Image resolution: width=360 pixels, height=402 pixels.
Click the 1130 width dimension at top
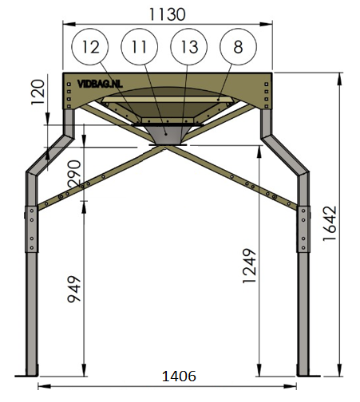coord(167,14)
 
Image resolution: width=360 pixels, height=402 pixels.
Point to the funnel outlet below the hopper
coord(167,136)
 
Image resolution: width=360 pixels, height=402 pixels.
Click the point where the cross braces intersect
coord(167,150)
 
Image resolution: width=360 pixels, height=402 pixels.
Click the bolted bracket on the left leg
coord(31,228)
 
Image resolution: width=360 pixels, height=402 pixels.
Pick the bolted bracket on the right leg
coord(303,228)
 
